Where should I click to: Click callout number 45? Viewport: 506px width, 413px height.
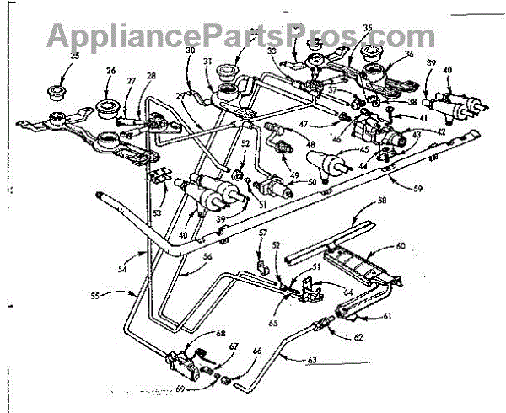365,151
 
